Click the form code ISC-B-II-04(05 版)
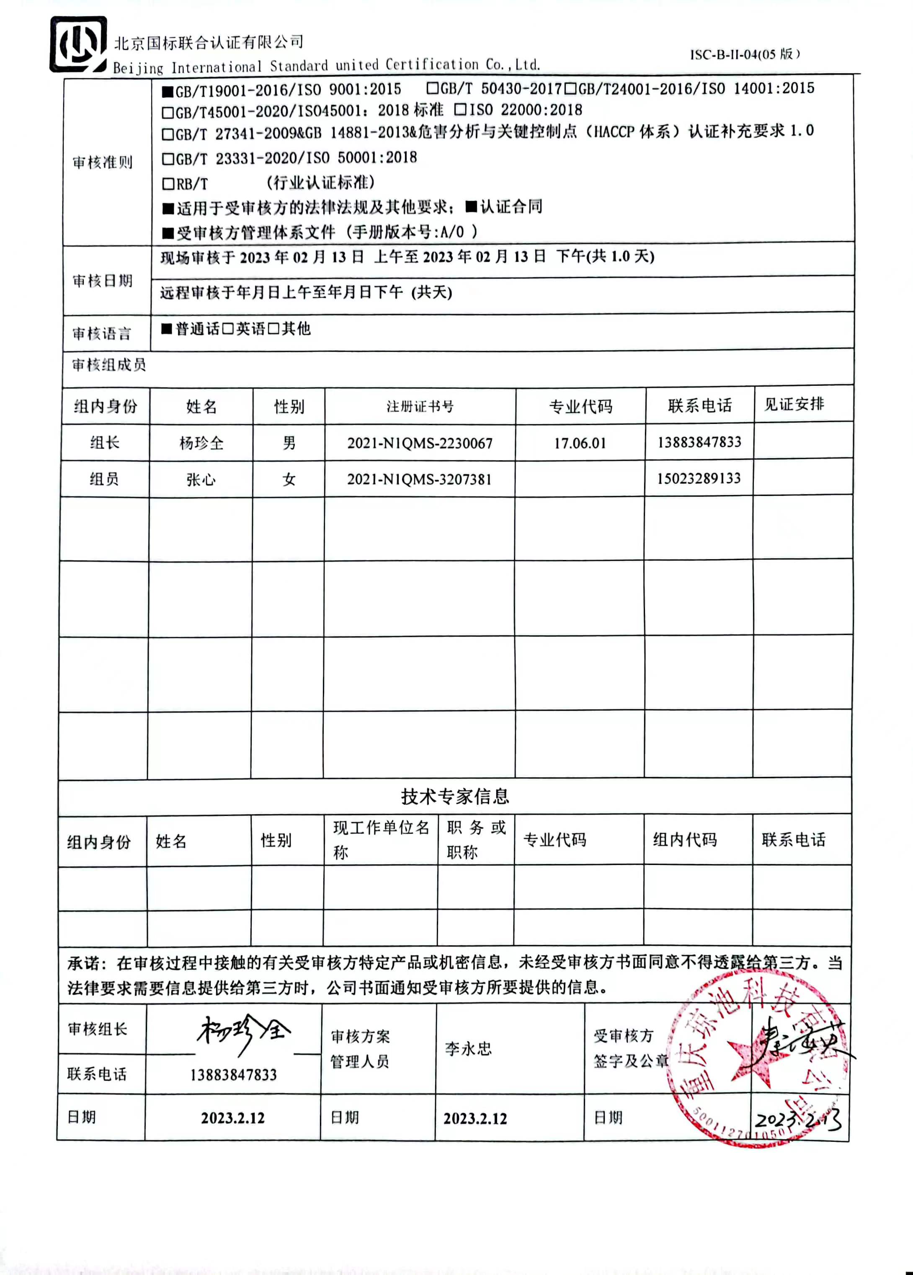[745, 54]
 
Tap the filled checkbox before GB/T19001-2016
[168, 91]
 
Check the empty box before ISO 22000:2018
[460, 109]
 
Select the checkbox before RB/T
[168, 184]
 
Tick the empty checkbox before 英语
[228, 329]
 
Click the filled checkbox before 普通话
[166, 329]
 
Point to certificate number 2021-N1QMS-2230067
[419, 444]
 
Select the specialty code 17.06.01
[580, 444]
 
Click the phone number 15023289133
[699, 478]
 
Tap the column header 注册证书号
[419, 406]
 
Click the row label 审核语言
[102, 334]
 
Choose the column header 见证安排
[794, 404]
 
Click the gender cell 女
[289, 480]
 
